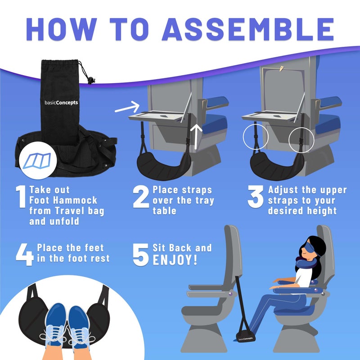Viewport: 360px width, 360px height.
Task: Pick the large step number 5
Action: coord(141,254)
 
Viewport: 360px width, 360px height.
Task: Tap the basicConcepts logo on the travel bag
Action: coord(62,102)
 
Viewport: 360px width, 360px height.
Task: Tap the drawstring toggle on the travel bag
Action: coord(92,81)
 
